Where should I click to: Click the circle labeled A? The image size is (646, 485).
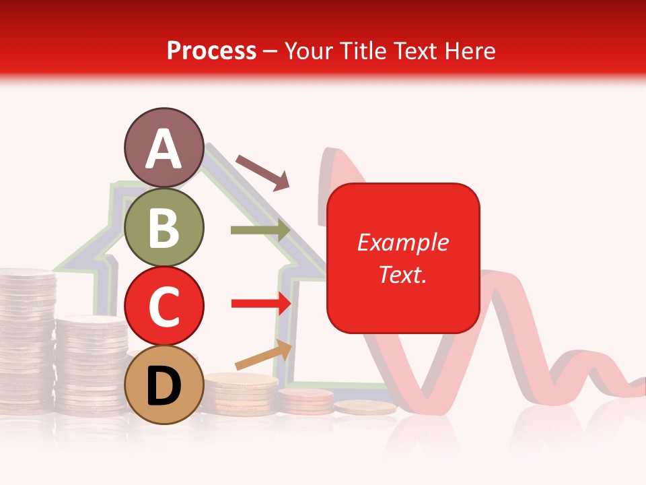point(164,148)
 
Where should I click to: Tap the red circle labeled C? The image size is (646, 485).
point(164,305)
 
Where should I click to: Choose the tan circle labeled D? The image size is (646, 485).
point(164,385)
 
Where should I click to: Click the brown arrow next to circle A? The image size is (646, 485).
point(262,172)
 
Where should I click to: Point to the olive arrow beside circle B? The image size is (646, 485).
point(260,230)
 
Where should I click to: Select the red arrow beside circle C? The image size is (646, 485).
point(260,304)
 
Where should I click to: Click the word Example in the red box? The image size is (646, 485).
point(402,243)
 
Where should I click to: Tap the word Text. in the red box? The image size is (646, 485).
point(402,274)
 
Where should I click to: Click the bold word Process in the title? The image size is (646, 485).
point(211,51)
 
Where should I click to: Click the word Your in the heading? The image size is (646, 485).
point(309,51)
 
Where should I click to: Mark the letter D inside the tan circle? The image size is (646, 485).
point(164,386)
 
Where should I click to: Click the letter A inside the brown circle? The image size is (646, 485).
point(164,149)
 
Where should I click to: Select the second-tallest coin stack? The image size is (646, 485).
point(91,364)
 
